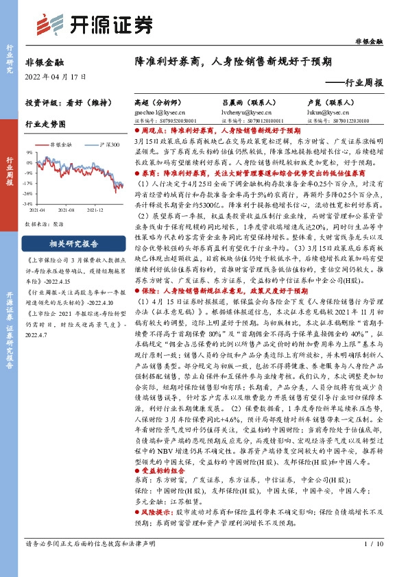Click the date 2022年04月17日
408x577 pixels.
point(56,77)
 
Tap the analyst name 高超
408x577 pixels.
point(142,101)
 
